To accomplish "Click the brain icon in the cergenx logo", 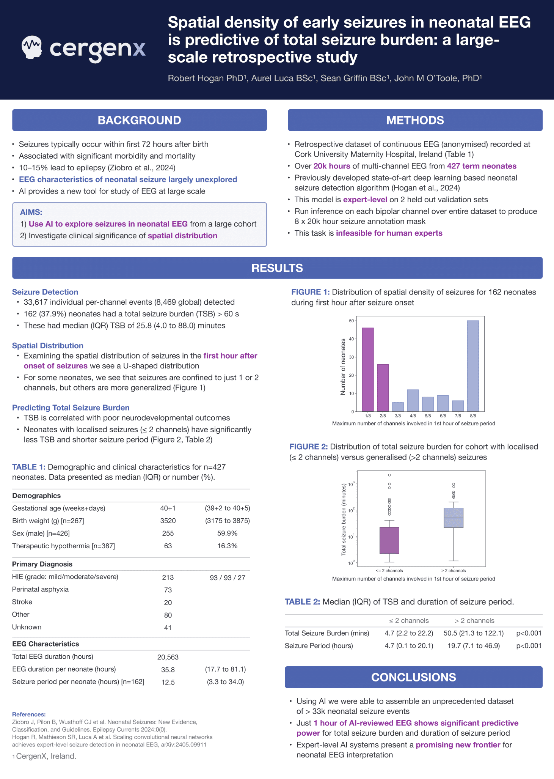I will [x=31, y=47].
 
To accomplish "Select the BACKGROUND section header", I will [x=139, y=120].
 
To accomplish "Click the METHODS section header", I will [x=415, y=120].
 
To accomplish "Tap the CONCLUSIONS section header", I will [x=413, y=677].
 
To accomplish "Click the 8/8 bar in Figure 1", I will [x=473, y=366].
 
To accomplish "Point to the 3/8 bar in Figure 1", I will [x=398, y=407].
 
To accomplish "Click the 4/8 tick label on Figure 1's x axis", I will [x=413, y=416].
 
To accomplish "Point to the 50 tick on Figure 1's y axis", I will [x=352, y=321].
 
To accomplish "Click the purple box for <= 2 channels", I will [x=389, y=540].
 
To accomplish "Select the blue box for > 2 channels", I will [x=454, y=518].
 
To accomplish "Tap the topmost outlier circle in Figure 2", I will [x=389, y=475].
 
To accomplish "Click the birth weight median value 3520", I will [x=168, y=521].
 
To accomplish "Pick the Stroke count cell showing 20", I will [x=168, y=603].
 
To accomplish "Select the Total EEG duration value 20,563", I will [x=168, y=657].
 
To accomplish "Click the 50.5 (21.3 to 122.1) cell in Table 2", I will [x=474, y=633].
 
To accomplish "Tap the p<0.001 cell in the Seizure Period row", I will [x=529, y=646].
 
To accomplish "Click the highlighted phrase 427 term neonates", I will [x=482, y=166].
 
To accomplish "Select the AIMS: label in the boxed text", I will [x=31, y=212].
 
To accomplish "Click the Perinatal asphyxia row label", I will [x=41, y=589].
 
